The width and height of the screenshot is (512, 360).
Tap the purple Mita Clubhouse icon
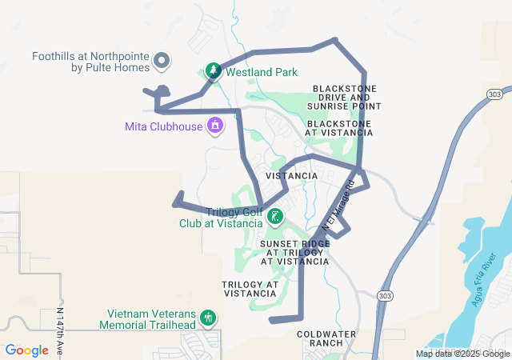214,126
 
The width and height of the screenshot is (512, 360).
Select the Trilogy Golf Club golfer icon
274,217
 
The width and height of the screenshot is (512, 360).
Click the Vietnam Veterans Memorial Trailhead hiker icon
208,318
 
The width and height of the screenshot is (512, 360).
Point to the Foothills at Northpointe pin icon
162,61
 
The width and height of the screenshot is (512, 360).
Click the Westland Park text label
262,72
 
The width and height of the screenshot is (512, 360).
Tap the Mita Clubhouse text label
164,126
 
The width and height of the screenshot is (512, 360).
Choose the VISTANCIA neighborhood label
291,176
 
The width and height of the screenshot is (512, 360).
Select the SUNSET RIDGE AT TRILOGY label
295,251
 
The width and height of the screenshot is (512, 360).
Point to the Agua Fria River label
485,279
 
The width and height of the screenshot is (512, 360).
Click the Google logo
27,350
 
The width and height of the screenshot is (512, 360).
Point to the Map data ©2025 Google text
462,354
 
